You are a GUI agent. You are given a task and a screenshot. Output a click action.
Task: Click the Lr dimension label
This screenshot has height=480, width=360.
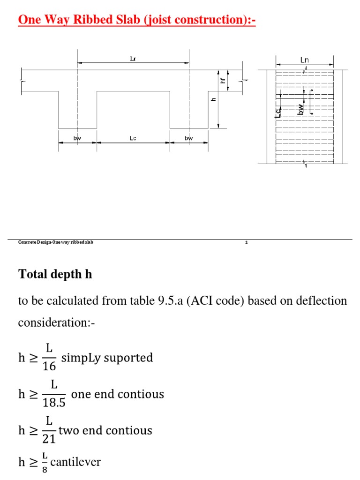pos(133,59)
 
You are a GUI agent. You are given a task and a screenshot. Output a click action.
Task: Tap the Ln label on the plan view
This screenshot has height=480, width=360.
pos(305,60)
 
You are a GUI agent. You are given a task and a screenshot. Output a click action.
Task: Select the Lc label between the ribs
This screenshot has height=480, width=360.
pos(133,138)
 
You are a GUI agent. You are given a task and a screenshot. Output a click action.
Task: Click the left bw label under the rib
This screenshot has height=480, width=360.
pos(77,138)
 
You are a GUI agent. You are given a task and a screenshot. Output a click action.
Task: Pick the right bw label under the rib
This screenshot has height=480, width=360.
pos(188,138)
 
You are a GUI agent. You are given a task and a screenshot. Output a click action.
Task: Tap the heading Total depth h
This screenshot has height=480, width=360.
pos(55,274)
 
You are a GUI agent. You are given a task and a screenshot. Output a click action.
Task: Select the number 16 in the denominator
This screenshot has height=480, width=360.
pos(49,366)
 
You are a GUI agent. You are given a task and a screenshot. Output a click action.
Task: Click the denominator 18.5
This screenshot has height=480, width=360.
pos(54,403)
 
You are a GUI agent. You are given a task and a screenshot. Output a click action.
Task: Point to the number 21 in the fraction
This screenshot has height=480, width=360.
pos(49,439)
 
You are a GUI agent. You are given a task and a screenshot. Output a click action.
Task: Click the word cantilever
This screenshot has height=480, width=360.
pos(75,462)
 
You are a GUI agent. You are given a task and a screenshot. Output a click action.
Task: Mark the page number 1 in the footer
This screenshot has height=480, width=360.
pos(247,242)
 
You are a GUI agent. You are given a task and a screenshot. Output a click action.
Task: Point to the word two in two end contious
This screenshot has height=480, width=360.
pos(69,430)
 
